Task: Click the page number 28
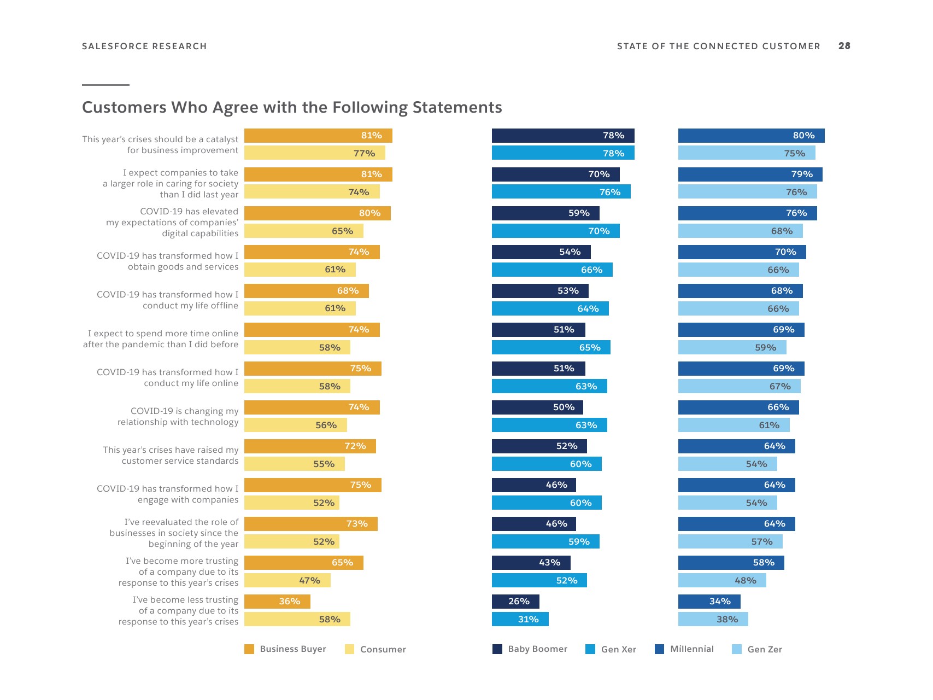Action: (x=844, y=46)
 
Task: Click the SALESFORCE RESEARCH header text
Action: (x=144, y=46)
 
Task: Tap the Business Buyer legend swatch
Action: (x=249, y=649)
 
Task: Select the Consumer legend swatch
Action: (x=350, y=649)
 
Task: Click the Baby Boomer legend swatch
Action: (x=497, y=649)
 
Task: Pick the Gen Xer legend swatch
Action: (x=590, y=649)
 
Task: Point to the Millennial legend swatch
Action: (x=660, y=649)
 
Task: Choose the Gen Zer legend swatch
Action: (x=737, y=649)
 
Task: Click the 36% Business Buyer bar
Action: (x=277, y=602)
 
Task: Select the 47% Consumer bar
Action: (x=287, y=580)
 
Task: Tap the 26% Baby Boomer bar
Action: (x=515, y=602)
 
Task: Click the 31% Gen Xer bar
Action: (x=520, y=619)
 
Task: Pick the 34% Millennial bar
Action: (x=709, y=602)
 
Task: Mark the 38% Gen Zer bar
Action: (x=713, y=619)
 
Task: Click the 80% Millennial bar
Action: (x=751, y=136)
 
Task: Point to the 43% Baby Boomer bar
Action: (x=531, y=563)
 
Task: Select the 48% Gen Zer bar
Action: (x=722, y=580)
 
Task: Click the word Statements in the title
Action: (x=457, y=107)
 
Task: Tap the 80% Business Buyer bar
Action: (x=317, y=213)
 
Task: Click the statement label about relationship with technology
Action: (x=178, y=417)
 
